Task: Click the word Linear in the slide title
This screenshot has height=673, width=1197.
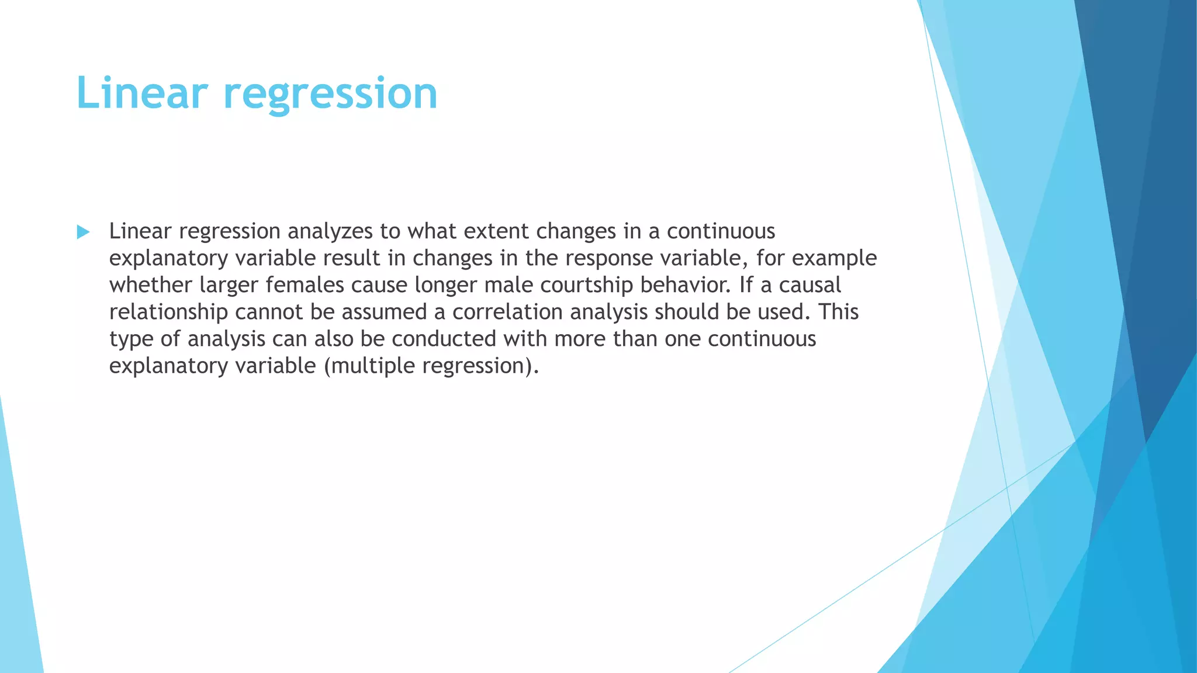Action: [142, 93]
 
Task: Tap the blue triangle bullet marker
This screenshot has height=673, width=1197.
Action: [83, 233]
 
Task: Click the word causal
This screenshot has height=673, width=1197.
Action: [810, 285]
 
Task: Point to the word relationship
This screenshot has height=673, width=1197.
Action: [168, 312]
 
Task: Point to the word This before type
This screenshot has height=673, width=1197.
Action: [838, 312]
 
